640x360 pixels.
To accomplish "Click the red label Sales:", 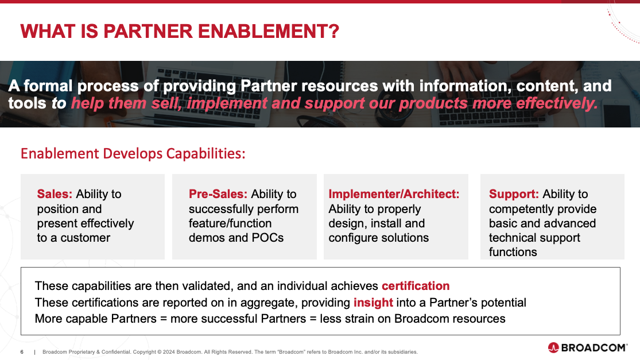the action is coord(55,194).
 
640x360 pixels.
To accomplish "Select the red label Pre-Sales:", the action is coord(218,194).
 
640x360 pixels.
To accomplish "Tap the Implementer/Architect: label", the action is coord(394,194).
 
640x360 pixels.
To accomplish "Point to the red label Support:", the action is coord(514,194).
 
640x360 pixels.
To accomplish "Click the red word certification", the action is coord(416,286).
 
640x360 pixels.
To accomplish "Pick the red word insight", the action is coord(373,303).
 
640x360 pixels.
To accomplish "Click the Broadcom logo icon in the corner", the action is coord(553,348).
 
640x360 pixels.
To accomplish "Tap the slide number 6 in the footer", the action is coord(22,352).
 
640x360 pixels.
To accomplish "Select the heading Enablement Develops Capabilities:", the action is coord(133,153).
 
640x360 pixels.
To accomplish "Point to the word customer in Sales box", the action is coord(86,238).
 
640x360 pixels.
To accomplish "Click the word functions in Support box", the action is coord(513,252).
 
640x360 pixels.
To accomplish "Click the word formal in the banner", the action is coord(48,86).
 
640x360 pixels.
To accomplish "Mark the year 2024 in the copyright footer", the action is coord(169,352).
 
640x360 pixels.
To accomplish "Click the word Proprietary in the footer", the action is coord(82,352).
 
